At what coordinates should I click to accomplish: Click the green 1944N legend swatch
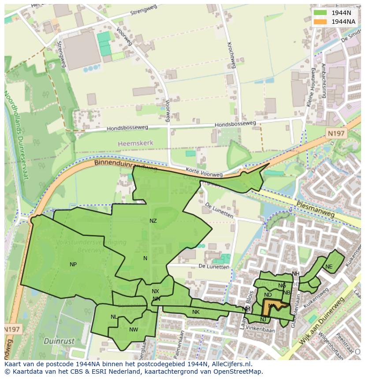click(320, 13)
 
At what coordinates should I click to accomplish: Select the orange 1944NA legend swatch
click(320, 22)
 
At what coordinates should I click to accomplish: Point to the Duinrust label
click(59, 341)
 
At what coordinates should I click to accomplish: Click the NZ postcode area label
click(153, 221)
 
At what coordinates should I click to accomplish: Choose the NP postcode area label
click(73, 265)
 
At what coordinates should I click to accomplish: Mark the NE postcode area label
click(329, 267)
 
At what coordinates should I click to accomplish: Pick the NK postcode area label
click(196, 312)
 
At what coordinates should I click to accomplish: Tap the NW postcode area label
click(134, 330)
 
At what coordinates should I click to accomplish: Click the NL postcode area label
click(114, 317)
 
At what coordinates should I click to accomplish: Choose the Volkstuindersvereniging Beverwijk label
click(91, 246)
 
